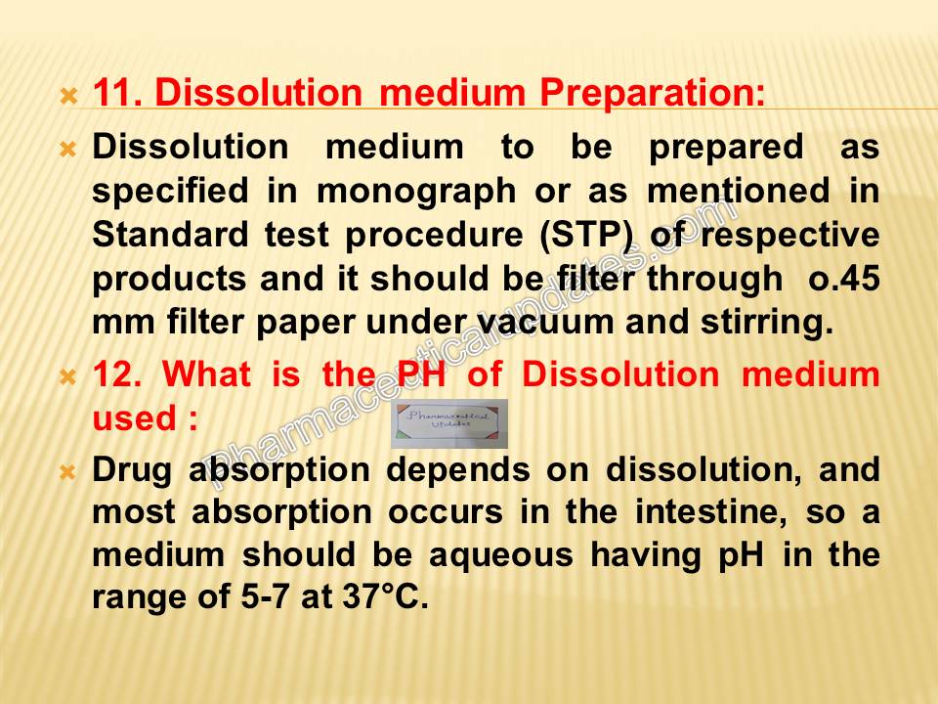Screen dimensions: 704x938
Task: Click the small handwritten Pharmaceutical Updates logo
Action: (x=449, y=423)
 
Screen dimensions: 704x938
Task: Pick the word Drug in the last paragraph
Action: (x=133, y=470)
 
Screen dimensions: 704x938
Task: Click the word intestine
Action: (x=703, y=513)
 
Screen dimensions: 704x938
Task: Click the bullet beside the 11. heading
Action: (x=68, y=97)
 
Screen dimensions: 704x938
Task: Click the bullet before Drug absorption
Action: (x=68, y=472)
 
